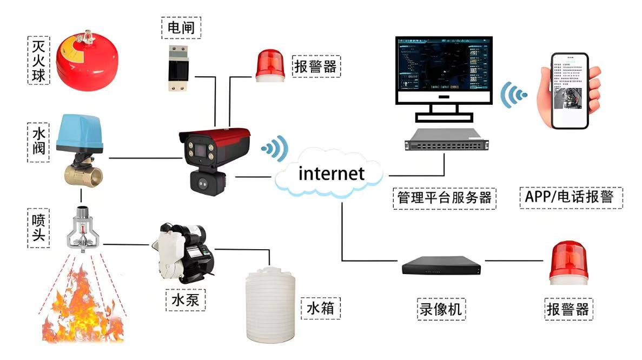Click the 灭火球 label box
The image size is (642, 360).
pyautogui.click(x=37, y=60)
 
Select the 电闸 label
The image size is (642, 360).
pyautogui.click(x=181, y=27)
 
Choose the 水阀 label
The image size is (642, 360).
pyautogui.click(x=37, y=142)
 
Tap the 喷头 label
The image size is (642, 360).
pyautogui.click(x=37, y=229)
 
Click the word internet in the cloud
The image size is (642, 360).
pyautogui.click(x=332, y=174)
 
